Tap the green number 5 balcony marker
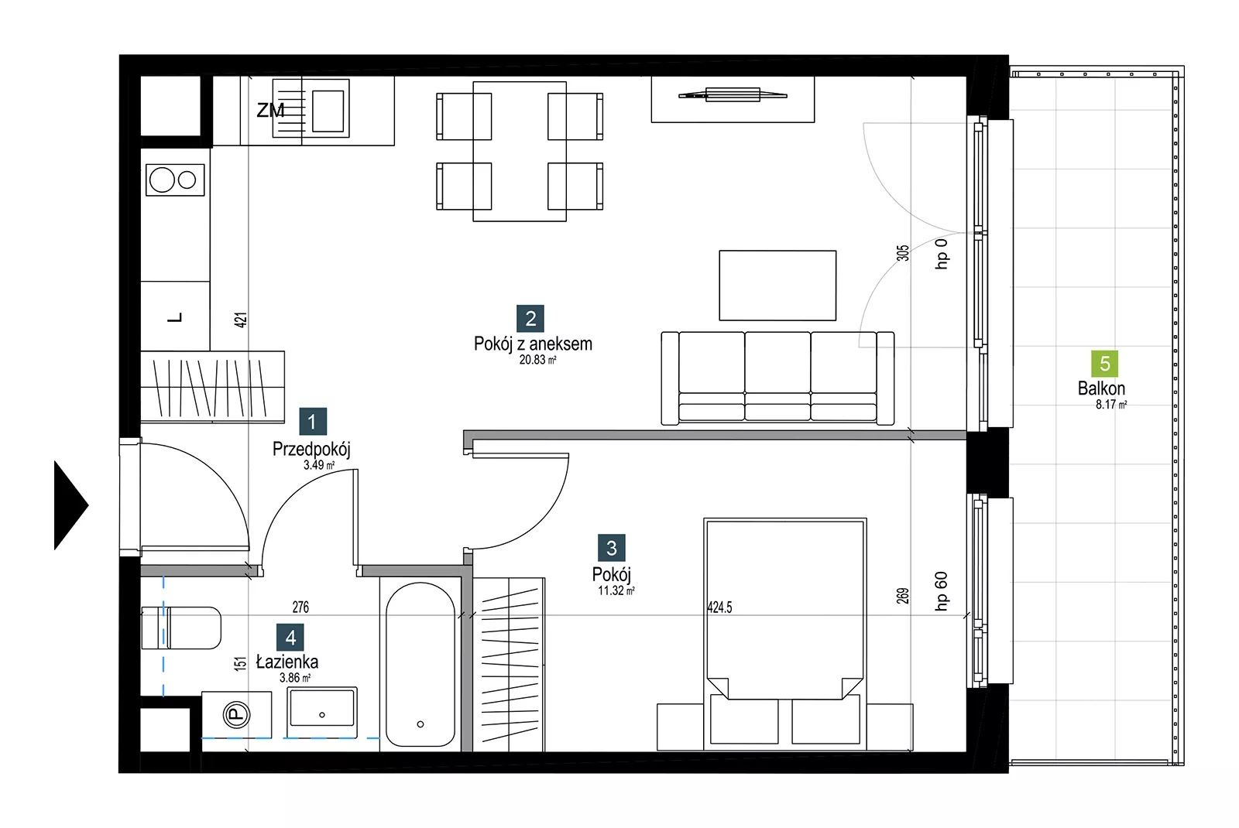tap(1104, 364)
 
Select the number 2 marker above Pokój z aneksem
tap(530, 318)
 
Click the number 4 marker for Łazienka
tap(290, 638)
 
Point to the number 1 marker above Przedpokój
tap(313, 422)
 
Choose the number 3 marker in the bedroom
tap(612, 548)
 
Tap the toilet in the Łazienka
tap(181, 628)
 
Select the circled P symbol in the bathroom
tap(236, 715)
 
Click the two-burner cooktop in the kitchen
tap(175, 180)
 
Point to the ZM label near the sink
tap(270, 111)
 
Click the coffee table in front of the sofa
tap(777, 286)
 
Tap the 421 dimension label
tap(241, 320)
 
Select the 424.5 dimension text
tap(719, 607)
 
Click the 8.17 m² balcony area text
tap(1111, 405)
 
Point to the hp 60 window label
tap(941, 591)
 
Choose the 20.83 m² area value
tap(537, 360)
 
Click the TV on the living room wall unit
tap(733, 95)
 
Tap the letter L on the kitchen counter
tap(175, 318)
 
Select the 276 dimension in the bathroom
tap(301, 607)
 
